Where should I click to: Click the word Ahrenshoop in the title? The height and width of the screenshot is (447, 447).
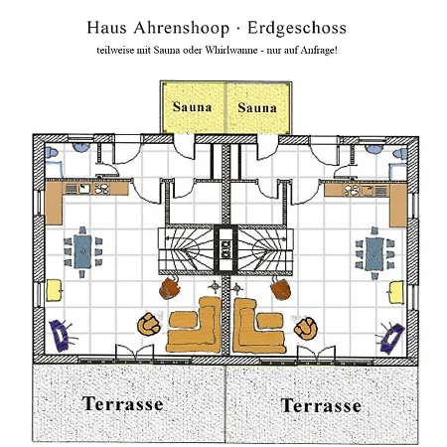pos(182,28)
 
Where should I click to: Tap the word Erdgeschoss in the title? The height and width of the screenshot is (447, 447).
pos(297,28)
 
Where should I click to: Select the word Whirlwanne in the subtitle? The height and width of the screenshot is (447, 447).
pos(231,51)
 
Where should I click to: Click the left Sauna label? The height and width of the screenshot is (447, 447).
pos(192,107)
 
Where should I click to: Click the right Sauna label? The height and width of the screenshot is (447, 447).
pos(257,107)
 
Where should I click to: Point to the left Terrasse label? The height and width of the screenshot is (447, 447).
pos(123,403)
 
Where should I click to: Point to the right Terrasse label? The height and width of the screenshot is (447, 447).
pos(321,405)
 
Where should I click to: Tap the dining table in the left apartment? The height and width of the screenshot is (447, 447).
pos(82,251)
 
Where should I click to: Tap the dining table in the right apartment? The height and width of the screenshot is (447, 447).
pos(374,254)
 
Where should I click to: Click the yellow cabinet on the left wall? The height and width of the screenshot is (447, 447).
pos(54,290)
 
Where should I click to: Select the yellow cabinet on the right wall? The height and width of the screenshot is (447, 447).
pos(396,292)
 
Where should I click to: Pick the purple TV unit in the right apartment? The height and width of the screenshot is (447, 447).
pos(392,338)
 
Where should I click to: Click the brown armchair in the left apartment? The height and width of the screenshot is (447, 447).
pos(170,288)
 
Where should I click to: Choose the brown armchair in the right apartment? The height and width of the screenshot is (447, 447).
pos(281,289)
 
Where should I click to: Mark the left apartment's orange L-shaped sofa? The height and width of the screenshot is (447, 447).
pos(196,328)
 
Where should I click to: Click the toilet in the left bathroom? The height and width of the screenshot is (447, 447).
pos(52,153)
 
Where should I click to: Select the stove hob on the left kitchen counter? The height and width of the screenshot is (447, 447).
pos(101,189)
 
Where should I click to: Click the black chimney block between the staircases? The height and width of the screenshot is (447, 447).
pos(225,249)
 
